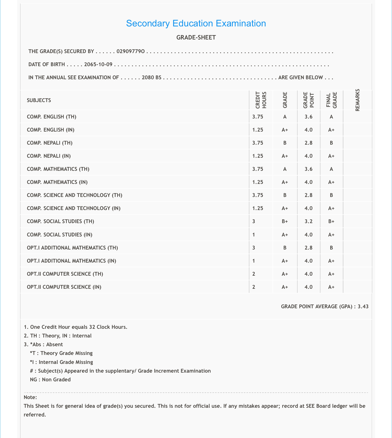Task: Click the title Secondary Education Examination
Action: click(196, 23)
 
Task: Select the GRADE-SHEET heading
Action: click(196, 38)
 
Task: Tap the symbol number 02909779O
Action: click(131, 52)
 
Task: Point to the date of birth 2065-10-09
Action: click(98, 64)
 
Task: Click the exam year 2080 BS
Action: click(151, 77)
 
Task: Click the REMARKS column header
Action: click(358, 100)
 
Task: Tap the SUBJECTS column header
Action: click(39, 100)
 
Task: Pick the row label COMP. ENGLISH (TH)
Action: click(51, 117)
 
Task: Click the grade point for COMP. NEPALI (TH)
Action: click(308, 143)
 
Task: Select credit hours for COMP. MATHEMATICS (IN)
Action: click(257, 182)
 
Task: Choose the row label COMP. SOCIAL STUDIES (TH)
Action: click(60, 221)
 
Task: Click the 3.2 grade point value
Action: click(308, 221)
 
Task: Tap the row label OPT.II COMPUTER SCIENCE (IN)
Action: click(64, 287)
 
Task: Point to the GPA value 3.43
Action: click(363, 306)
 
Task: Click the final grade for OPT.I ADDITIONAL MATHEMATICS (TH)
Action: click(331, 248)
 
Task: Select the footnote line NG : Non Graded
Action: click(50, 380)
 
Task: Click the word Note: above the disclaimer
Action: click(30, 397)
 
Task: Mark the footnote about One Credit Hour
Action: click(76, 327)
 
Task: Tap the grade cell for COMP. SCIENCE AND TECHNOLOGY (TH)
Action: click(285, 195)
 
